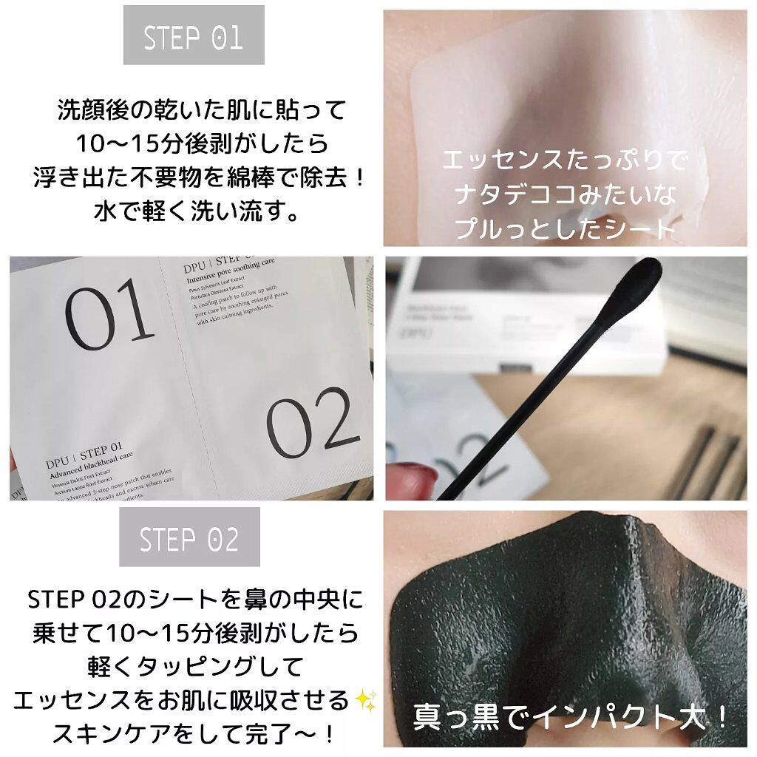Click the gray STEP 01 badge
(x=194, y=35)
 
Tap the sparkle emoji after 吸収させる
(x=364, y=698)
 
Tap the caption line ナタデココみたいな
(x=566, y=195)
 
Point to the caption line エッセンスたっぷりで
(x=566, y=160)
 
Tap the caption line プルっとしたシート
(x=566, y=229)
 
